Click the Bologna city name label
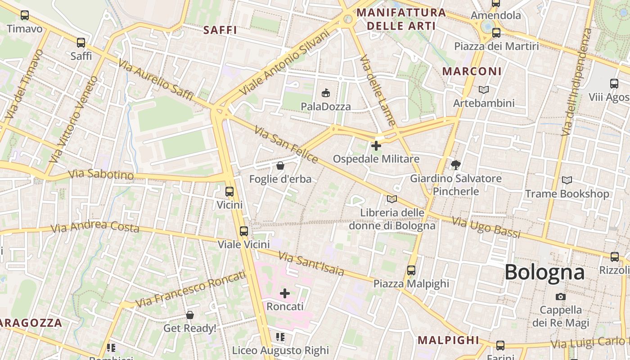[544, 272]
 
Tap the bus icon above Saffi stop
[81, 43]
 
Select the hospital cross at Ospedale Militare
[376, 146]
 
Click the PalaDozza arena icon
[326, 93]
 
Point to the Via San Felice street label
[286, 144]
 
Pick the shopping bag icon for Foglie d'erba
[280, 166]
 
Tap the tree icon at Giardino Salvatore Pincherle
[456, 165]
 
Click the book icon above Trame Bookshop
[567, 180]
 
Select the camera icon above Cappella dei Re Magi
[561, 297]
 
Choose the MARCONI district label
[472, 72]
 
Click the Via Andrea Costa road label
[95, 227]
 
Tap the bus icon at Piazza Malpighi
[411, 270]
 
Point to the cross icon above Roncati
[285, 293]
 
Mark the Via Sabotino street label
[101, 174]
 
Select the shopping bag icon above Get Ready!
[190, 315]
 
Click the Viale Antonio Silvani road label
[285, 62]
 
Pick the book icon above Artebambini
[484, 90]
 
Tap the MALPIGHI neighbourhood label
[448, 340]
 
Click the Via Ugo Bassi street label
[486, 227]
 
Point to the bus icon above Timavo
[25, 15]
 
